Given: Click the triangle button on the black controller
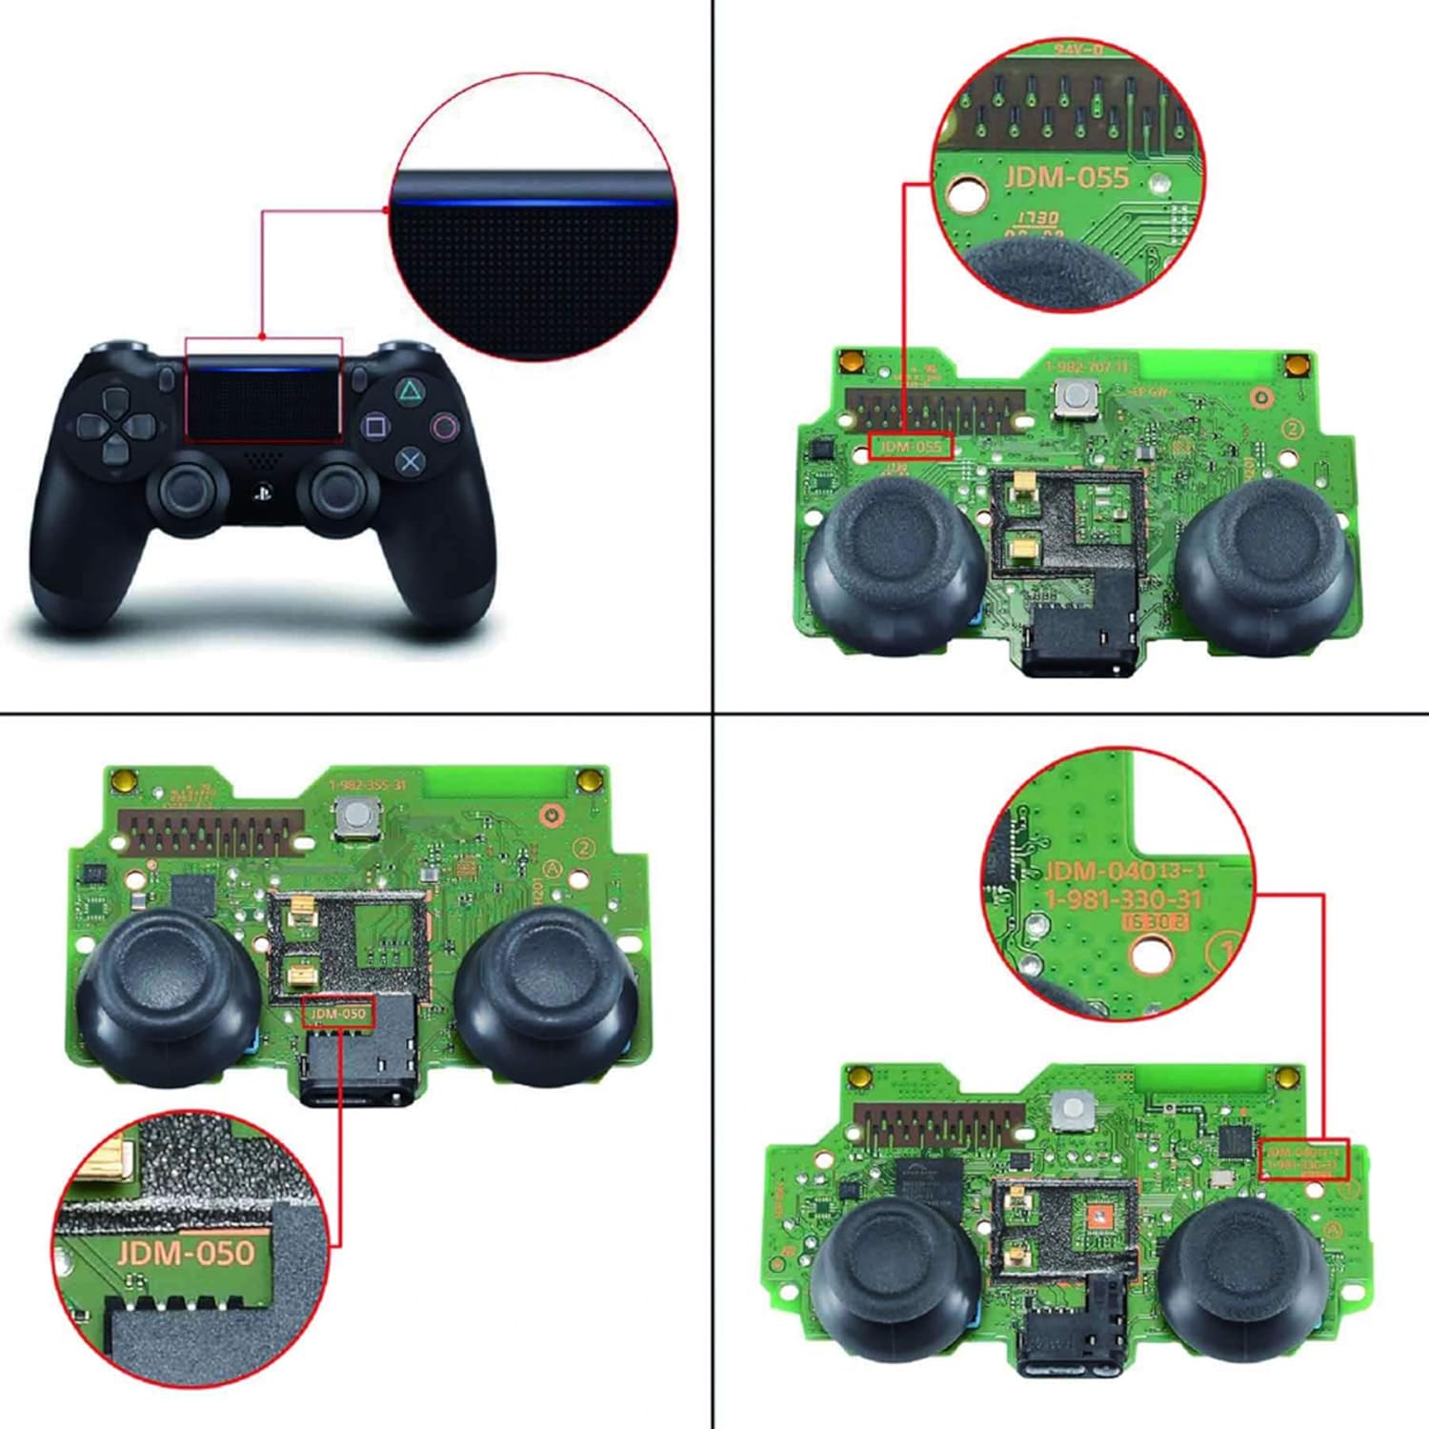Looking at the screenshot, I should (x=410, y=390).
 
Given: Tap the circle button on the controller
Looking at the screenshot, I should (x=444, y=426).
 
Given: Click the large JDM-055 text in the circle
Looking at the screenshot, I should (x=1065, y=177).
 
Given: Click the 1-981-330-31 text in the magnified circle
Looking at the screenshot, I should (x=1124, y=899).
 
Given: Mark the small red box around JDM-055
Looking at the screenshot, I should (x=910, y=446).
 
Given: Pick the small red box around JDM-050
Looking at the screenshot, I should (x=339, y=1013).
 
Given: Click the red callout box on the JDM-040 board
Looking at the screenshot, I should (x=1303, y=1158).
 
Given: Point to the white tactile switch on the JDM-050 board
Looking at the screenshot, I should (x=355, y=818).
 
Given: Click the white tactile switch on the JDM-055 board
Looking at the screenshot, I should (x=1077, y=399).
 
